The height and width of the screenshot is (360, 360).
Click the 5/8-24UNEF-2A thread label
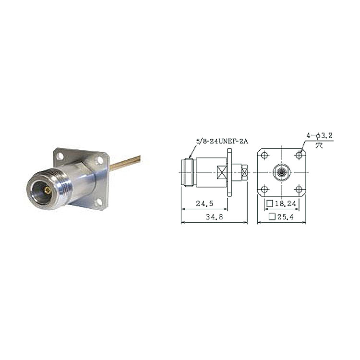222,141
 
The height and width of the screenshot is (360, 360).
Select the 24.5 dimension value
204,204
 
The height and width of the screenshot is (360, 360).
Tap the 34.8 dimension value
214,217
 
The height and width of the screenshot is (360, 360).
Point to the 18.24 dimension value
286,204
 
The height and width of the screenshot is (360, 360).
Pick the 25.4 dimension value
286,217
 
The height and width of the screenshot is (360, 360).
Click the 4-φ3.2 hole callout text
320,136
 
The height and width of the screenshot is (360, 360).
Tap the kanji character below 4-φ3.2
319,145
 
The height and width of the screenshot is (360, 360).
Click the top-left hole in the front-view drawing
264,155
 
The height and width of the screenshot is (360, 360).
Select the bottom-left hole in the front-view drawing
264,190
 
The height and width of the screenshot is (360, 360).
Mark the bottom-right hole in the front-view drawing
299,190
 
